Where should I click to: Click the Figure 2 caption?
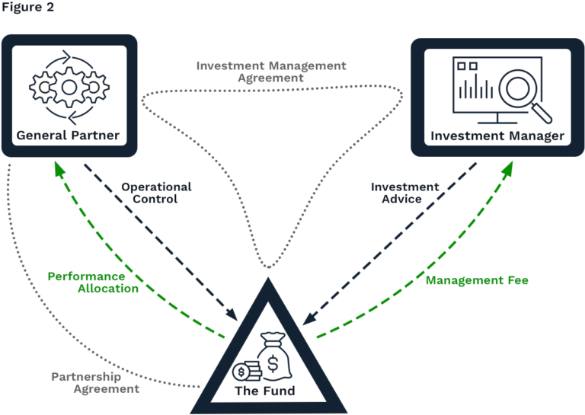pos(27,8)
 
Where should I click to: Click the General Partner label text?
pos(69,137)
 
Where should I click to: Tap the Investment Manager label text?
pos(497,137)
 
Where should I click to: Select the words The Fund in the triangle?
pos(264,392)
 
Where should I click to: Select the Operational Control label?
pos(156,193)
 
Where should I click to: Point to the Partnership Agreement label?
pos(95,382)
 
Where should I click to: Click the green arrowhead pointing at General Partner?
pos(57,169)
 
